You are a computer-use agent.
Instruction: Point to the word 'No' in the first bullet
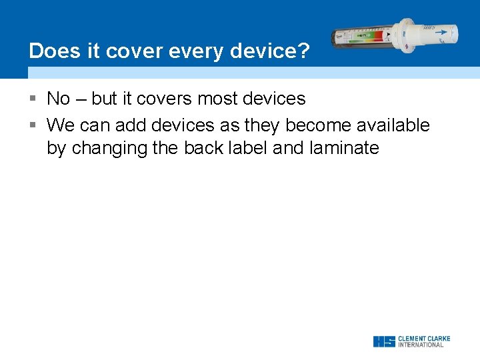point(58,99)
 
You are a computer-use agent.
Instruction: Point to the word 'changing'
point(109,148)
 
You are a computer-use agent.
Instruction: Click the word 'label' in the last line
point(246,148)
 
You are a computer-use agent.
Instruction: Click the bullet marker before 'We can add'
point(33,125)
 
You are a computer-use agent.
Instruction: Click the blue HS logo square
point(384,341)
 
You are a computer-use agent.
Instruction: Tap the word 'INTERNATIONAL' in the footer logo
point(421,345)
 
